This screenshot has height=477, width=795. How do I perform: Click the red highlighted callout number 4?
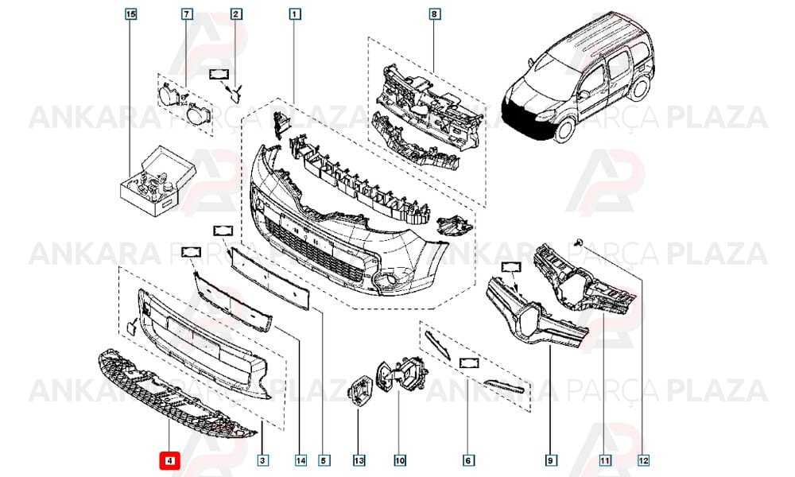tap(170, 461)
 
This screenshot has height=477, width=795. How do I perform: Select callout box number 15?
tap(131, 14)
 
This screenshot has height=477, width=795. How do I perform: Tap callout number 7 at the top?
tap(187, 14)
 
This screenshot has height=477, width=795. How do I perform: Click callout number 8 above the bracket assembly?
tap(433, 14)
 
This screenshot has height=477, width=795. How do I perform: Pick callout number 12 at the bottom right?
tap(643, 461)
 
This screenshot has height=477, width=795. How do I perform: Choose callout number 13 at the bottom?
tap(359, 461)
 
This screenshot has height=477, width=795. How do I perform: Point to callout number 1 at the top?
tap(295, 14)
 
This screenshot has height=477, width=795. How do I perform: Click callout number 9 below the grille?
tap(549, 461)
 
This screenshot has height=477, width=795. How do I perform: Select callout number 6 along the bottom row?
tap(468, 461)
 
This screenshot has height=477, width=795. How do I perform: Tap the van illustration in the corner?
tap(578, 79)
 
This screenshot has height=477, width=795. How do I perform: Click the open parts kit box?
tap(157, 181)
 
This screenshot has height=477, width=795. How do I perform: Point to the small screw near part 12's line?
tap(578, 243)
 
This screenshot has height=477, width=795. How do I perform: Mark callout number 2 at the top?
tap(235, 14)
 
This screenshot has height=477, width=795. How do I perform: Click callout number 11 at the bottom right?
tap(604, 461)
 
